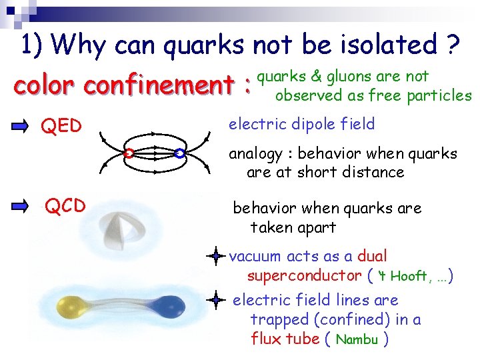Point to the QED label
(x=61, y=125)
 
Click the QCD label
(x=65, y=206)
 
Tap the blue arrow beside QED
(x=22, y=125)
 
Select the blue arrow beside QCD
(x=22, y=205)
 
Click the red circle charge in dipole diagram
(x=129, y=153)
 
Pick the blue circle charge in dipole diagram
(x=179, y=153)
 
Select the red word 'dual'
(x=372, y=256)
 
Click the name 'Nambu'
(x=357, y=339)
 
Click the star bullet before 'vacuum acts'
(x=215, y=256)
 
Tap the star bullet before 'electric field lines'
(x=215, y=300)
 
